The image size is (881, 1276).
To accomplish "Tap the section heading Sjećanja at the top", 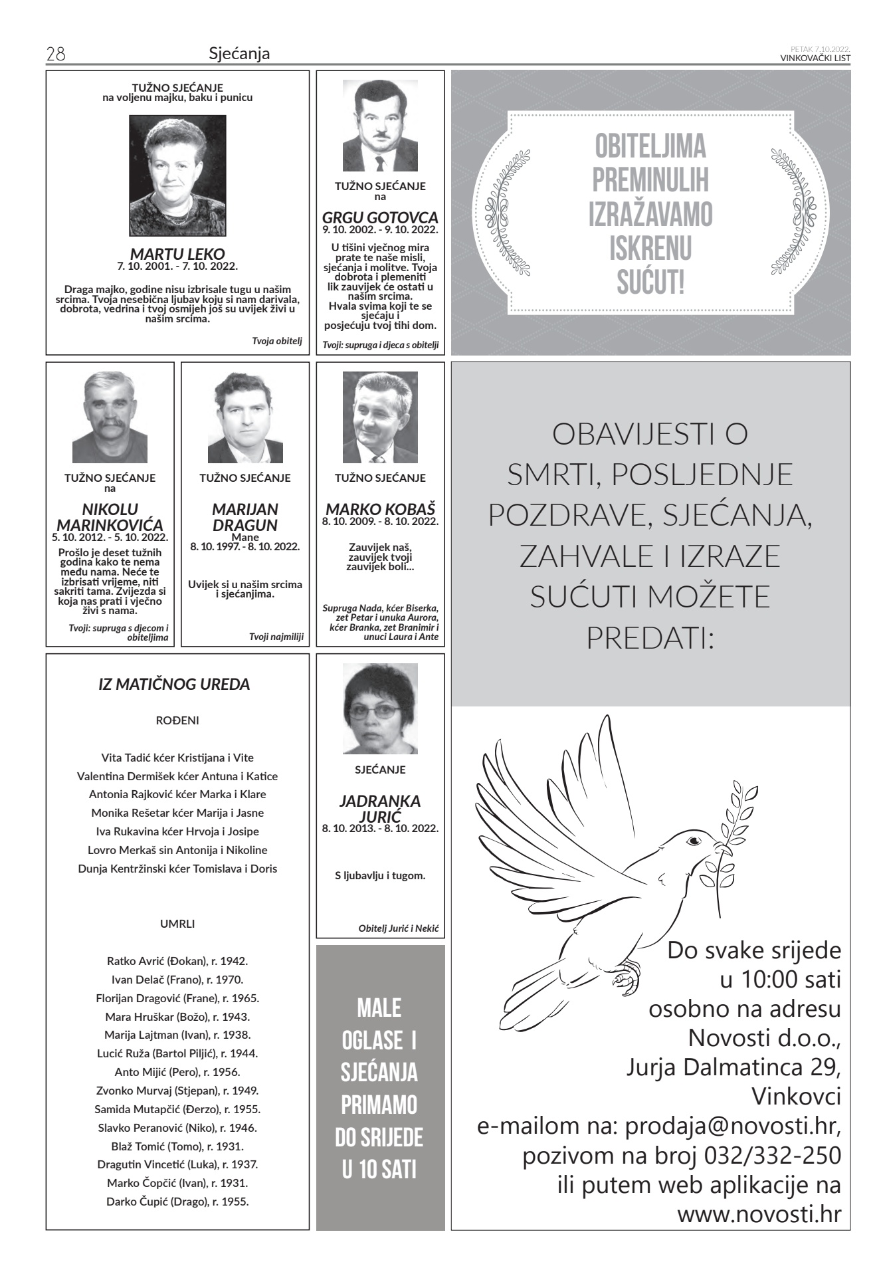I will (239, 54).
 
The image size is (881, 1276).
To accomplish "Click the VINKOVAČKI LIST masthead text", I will (815, 58).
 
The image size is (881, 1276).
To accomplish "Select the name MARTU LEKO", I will (177, 254).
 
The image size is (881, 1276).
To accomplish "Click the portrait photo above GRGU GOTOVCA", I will (380, 126).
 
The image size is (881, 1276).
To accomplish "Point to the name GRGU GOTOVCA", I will (380, 217).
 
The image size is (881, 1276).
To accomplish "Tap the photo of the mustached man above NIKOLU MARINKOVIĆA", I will (110, 417).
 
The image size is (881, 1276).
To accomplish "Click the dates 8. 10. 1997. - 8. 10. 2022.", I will (245, 547).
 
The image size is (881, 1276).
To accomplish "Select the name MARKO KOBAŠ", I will (380, 510).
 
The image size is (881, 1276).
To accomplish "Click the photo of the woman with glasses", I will (380, 708).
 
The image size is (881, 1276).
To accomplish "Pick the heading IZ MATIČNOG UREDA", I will (174, 685).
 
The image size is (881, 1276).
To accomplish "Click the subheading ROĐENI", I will (177, 720).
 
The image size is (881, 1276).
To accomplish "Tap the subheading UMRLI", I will (177, 924).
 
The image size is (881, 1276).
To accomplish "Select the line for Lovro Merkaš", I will (177, 850).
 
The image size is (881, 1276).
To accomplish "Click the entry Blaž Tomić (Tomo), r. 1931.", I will (177, 1146).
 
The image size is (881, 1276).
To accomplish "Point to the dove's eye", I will (694, 841).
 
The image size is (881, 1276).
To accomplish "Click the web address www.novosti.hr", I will (759, 1214).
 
